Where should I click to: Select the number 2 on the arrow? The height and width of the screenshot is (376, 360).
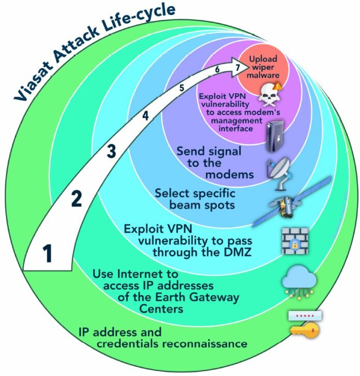tap(76, 199)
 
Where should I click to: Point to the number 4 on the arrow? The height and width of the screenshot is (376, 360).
tap(145, 116)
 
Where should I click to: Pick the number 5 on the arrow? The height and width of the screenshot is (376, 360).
tap(182, 88)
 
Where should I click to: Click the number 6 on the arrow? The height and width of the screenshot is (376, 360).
tap(217, 70)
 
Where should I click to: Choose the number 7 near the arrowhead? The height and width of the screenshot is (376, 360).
tap(237, 68)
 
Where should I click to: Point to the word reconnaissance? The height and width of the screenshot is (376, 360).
tap(202, 343)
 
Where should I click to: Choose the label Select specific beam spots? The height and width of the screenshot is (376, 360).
tap(196, 200)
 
